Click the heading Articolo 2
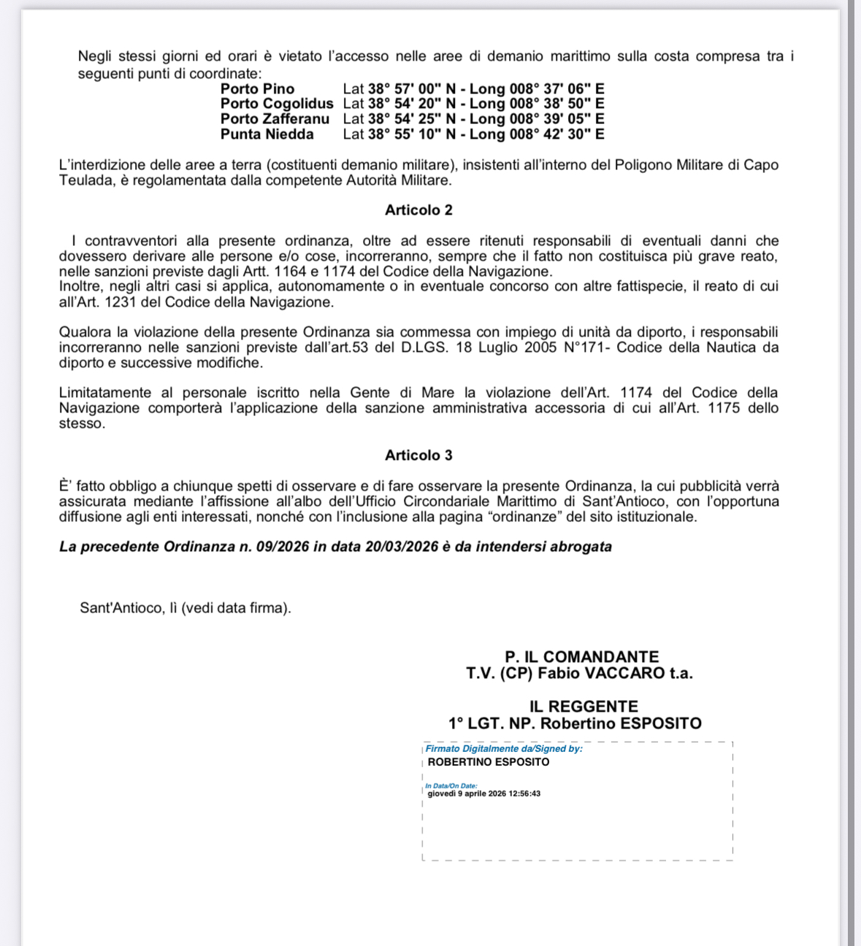[x=418, y=210]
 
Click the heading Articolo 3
[x=418, y=455]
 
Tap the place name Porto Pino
[x=257, y=89]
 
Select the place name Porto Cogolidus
[x=277, y=104]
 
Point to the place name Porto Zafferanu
[x=275, y=119]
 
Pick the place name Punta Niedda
[x=267, y=134]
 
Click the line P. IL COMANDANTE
[x=581, y=657]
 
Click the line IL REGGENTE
[x=583, y=707]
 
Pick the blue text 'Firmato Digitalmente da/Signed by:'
[x=504, y=749]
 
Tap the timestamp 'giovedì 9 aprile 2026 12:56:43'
[x=483, y=794]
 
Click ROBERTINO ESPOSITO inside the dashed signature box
[x=488, y=762]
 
